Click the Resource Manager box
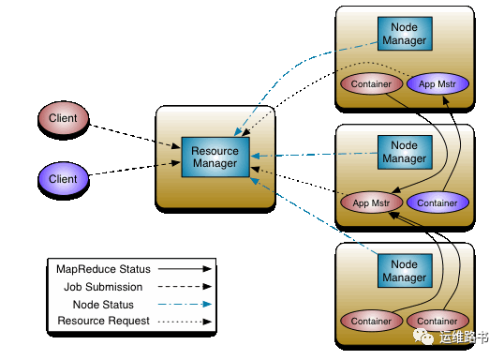click(215, 157)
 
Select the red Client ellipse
click(63, 118)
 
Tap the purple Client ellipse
click(63, 178)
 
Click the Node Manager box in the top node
click(405, 34)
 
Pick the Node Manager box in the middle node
click(405, 152)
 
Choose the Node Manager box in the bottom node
click(405, 271)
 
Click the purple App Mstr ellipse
click(437, 84)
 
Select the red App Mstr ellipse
click(371, 202)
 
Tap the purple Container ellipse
click(437, 202)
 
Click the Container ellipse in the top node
click(371, 84)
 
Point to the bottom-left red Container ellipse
click(371, 321)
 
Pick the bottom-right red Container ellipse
click(437, 321)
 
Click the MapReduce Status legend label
click(103, 269)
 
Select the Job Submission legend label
click(103, 287)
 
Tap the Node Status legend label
click(103, 305)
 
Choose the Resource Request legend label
click(103, 321)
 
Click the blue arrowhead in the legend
click(207, 304)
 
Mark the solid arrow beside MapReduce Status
click(185, 269)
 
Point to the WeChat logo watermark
click(422, 337)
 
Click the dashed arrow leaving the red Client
click(134, 137)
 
